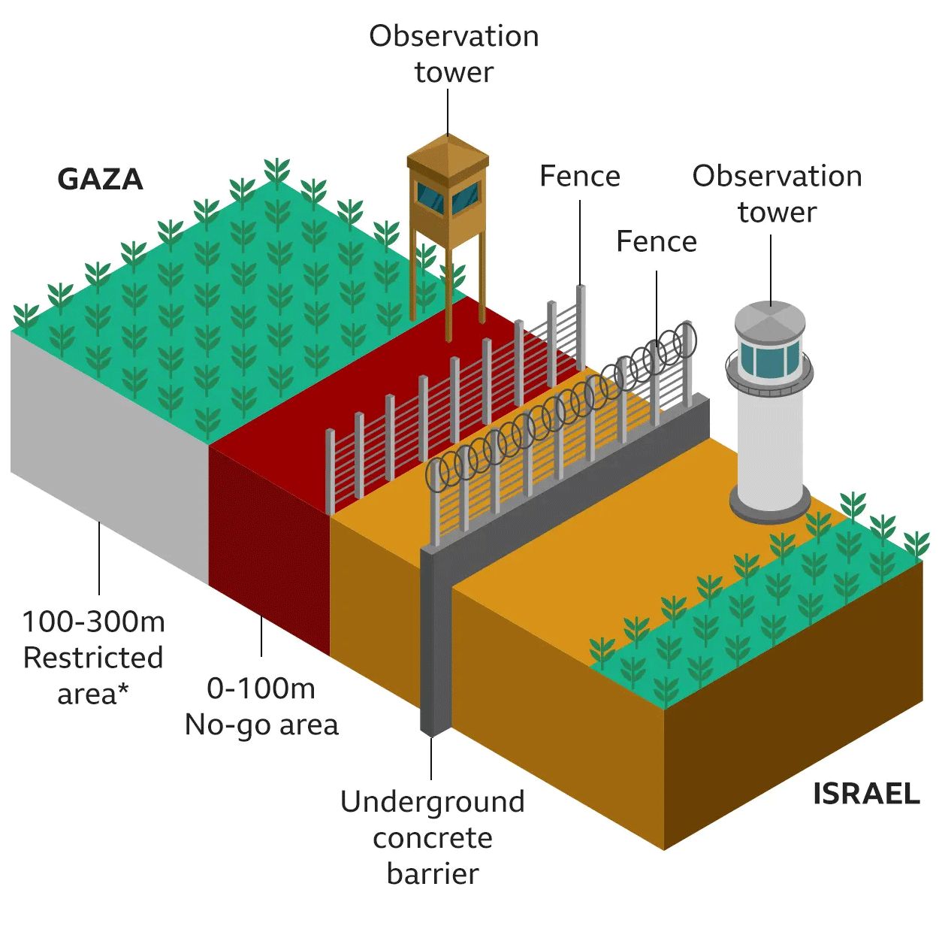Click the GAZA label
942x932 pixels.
coord(100,180)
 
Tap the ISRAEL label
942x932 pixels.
coord(866,794)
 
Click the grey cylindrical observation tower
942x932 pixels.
coord(770,436)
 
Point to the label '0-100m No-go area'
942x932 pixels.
coord(261,707)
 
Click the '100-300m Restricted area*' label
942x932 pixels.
coord(93,658)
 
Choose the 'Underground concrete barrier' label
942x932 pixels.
coord(432,837)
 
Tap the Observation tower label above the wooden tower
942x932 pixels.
coord(454,54)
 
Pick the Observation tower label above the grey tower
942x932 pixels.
coord(777,194)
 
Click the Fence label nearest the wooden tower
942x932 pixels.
coord(580,177)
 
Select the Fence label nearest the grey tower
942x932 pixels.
coord(657,242)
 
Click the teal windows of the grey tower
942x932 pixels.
coord(769,359)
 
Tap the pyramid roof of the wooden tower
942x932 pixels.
coord(448,151)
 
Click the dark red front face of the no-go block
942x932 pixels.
coord(269,549)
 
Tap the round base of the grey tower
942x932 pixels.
coord(770,504)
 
